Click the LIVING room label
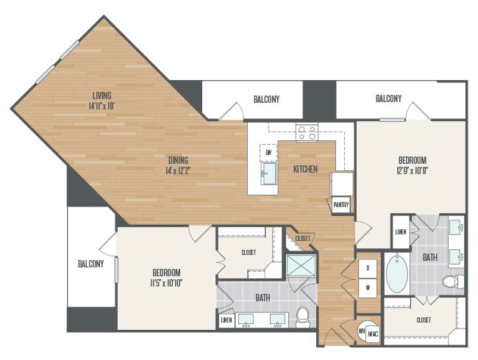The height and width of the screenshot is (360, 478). [x=101, y=96]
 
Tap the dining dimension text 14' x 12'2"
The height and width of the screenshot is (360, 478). [x=178, y=170]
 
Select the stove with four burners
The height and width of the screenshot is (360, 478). [x=307, y=133]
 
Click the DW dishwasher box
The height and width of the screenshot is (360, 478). [x=268, y=153]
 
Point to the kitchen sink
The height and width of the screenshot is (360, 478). [x=268, y=173]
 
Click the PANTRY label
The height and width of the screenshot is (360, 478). [x=341, y=205]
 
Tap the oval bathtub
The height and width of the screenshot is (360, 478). [x=397, y=274]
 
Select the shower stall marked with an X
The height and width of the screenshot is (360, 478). [x=302, y=265]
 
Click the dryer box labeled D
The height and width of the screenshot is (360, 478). [x=368, y=268]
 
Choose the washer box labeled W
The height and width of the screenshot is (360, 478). [x=368, y=287]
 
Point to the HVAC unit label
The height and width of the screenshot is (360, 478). [x=373, y=334]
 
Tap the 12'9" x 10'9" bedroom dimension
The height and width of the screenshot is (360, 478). [x=413, y=170]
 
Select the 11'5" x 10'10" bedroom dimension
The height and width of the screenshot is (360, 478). [x=166, y=284]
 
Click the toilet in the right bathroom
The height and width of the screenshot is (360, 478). [x=453, y=281]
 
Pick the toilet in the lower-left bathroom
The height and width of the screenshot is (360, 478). [x=303, y=317]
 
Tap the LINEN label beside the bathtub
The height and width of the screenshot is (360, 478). [x=401, y=232]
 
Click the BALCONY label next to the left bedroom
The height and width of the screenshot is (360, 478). [x=91, y=264]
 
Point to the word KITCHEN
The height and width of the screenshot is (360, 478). [x=305, y=169]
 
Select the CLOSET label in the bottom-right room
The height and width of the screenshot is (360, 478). [x=424, y=320]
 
